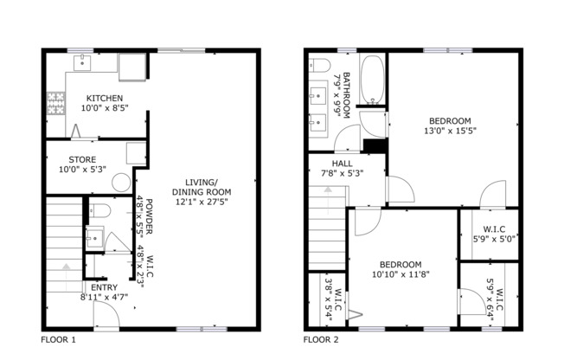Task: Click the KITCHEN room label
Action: [x=103, y=99]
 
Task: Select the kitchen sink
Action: [x=83, y=62]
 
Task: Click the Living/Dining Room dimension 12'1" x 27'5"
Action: [x=202, y=202]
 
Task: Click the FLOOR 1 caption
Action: [x=59, y=340]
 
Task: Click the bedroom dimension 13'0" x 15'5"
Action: [x=450, y=132]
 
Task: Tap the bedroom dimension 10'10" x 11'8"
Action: [x=401, y=274]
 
